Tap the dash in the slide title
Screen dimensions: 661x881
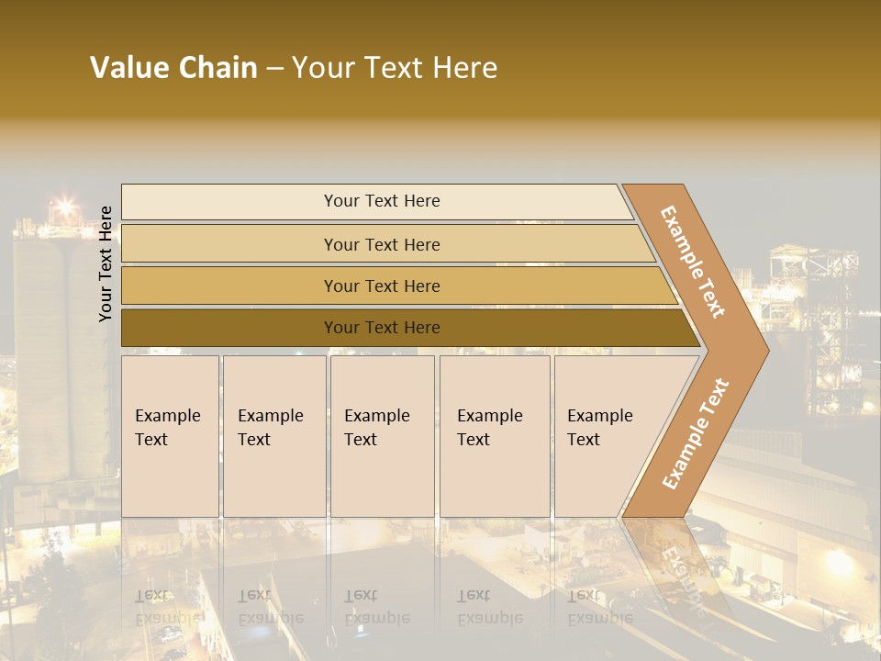pos(274,69)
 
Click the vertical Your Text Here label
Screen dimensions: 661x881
pos(106,263)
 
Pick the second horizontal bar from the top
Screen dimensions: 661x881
pos(381,244)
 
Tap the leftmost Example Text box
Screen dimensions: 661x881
pos(170,436)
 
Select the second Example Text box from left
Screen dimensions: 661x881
pos(273,436)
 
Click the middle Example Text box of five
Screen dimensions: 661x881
pos(382,436)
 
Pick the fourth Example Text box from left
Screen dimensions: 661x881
pos(495,436)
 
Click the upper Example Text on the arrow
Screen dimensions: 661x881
pos(693,262)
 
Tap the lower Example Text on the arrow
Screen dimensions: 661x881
pos(695,433)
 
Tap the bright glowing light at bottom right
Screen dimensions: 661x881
pos(840,562)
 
